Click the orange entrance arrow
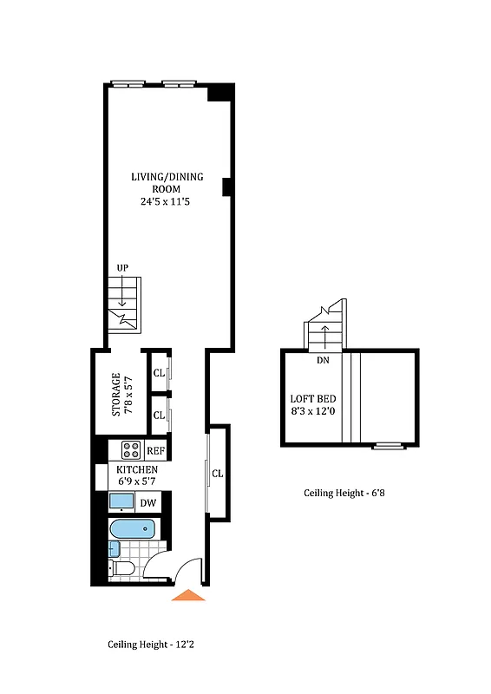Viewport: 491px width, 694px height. pos(188,595)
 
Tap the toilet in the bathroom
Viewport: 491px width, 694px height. pos(122,568)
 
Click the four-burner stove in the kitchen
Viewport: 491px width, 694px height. pos(132,450)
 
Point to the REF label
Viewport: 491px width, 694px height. pos(156,451)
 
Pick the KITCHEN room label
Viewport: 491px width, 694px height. pos(137,469)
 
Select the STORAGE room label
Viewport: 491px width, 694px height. pos(117,395)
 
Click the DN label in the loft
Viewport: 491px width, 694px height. pos(323,360)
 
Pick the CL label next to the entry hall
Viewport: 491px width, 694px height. pos(218,474)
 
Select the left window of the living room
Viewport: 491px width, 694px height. pos(128,84)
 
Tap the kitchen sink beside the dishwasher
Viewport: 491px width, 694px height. pos(121,502)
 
